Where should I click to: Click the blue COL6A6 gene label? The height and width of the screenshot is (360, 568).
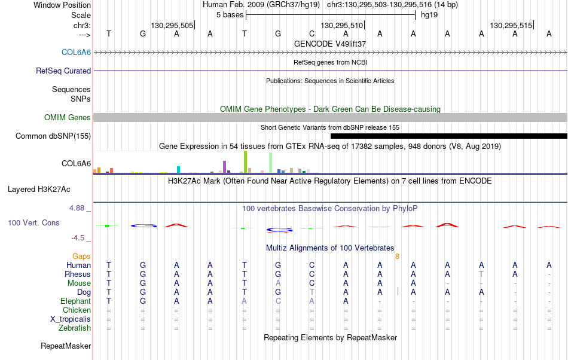(76, 52)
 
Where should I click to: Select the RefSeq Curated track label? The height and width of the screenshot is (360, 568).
(63, 71)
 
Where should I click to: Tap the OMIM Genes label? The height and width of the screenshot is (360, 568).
(68, 117)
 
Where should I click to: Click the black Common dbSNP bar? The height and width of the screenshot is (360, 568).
(449, 136)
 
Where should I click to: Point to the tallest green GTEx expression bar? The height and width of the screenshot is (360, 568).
(246, 162)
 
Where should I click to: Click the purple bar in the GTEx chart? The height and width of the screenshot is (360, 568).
(225, 167)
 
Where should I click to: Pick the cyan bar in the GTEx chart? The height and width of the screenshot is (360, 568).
(178, 169)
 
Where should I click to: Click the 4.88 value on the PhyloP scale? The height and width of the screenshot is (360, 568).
(77, 208)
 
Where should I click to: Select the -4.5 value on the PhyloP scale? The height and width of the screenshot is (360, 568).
(78, 237)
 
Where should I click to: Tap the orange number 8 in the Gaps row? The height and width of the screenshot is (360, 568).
(398, 257)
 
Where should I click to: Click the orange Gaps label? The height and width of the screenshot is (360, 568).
(81, 257)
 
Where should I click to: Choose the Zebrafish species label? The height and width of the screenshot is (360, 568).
(75, 328)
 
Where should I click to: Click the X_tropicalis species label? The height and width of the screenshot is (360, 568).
(71, 319)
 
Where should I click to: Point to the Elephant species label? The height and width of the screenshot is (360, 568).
(76, 301)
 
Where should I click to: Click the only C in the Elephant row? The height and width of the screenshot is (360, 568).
(278, 301)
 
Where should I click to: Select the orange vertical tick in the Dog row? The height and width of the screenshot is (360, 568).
(398, 291)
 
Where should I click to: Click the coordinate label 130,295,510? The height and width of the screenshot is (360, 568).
(341, 25)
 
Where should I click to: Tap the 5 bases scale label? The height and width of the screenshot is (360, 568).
(230, 15)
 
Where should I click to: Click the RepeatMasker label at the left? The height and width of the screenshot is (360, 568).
(66, 346)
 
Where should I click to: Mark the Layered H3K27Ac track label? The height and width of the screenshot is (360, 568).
(39, 189)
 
